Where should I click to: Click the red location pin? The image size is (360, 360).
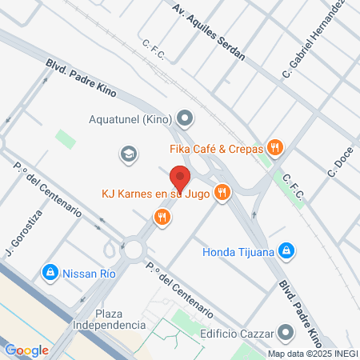[x=179, y=178]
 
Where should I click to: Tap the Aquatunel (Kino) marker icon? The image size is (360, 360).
[x=186, y=121]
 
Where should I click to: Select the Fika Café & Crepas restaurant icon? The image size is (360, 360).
[x=275, y=146]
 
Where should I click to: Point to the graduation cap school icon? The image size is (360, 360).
[x=127, y=152]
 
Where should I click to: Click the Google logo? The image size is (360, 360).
[x=26, y=350]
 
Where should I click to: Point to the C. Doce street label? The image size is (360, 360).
[x=339, y=161]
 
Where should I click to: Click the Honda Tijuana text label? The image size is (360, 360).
[x=238, y=252]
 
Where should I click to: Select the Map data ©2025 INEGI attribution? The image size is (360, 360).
[x=313, y=353]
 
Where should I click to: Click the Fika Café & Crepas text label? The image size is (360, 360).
[x=216, y=147]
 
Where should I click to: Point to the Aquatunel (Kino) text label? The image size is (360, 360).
[x=132, y=121]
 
